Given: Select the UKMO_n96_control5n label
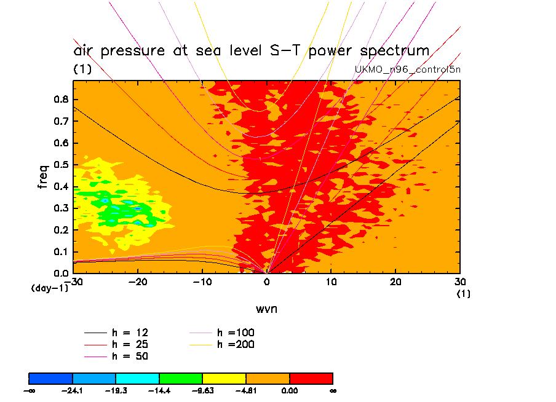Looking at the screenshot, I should tap(408, 69).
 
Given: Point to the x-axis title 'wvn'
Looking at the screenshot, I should tap(266, 309).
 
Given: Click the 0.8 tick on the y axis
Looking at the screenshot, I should tap(62, 100).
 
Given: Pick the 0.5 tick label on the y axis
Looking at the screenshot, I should tap(62, 165).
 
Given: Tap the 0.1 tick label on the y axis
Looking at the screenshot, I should tap(62, 251).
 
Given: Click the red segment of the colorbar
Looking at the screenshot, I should tap(311, 378).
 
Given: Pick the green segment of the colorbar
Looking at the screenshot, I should tap(181, 378).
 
